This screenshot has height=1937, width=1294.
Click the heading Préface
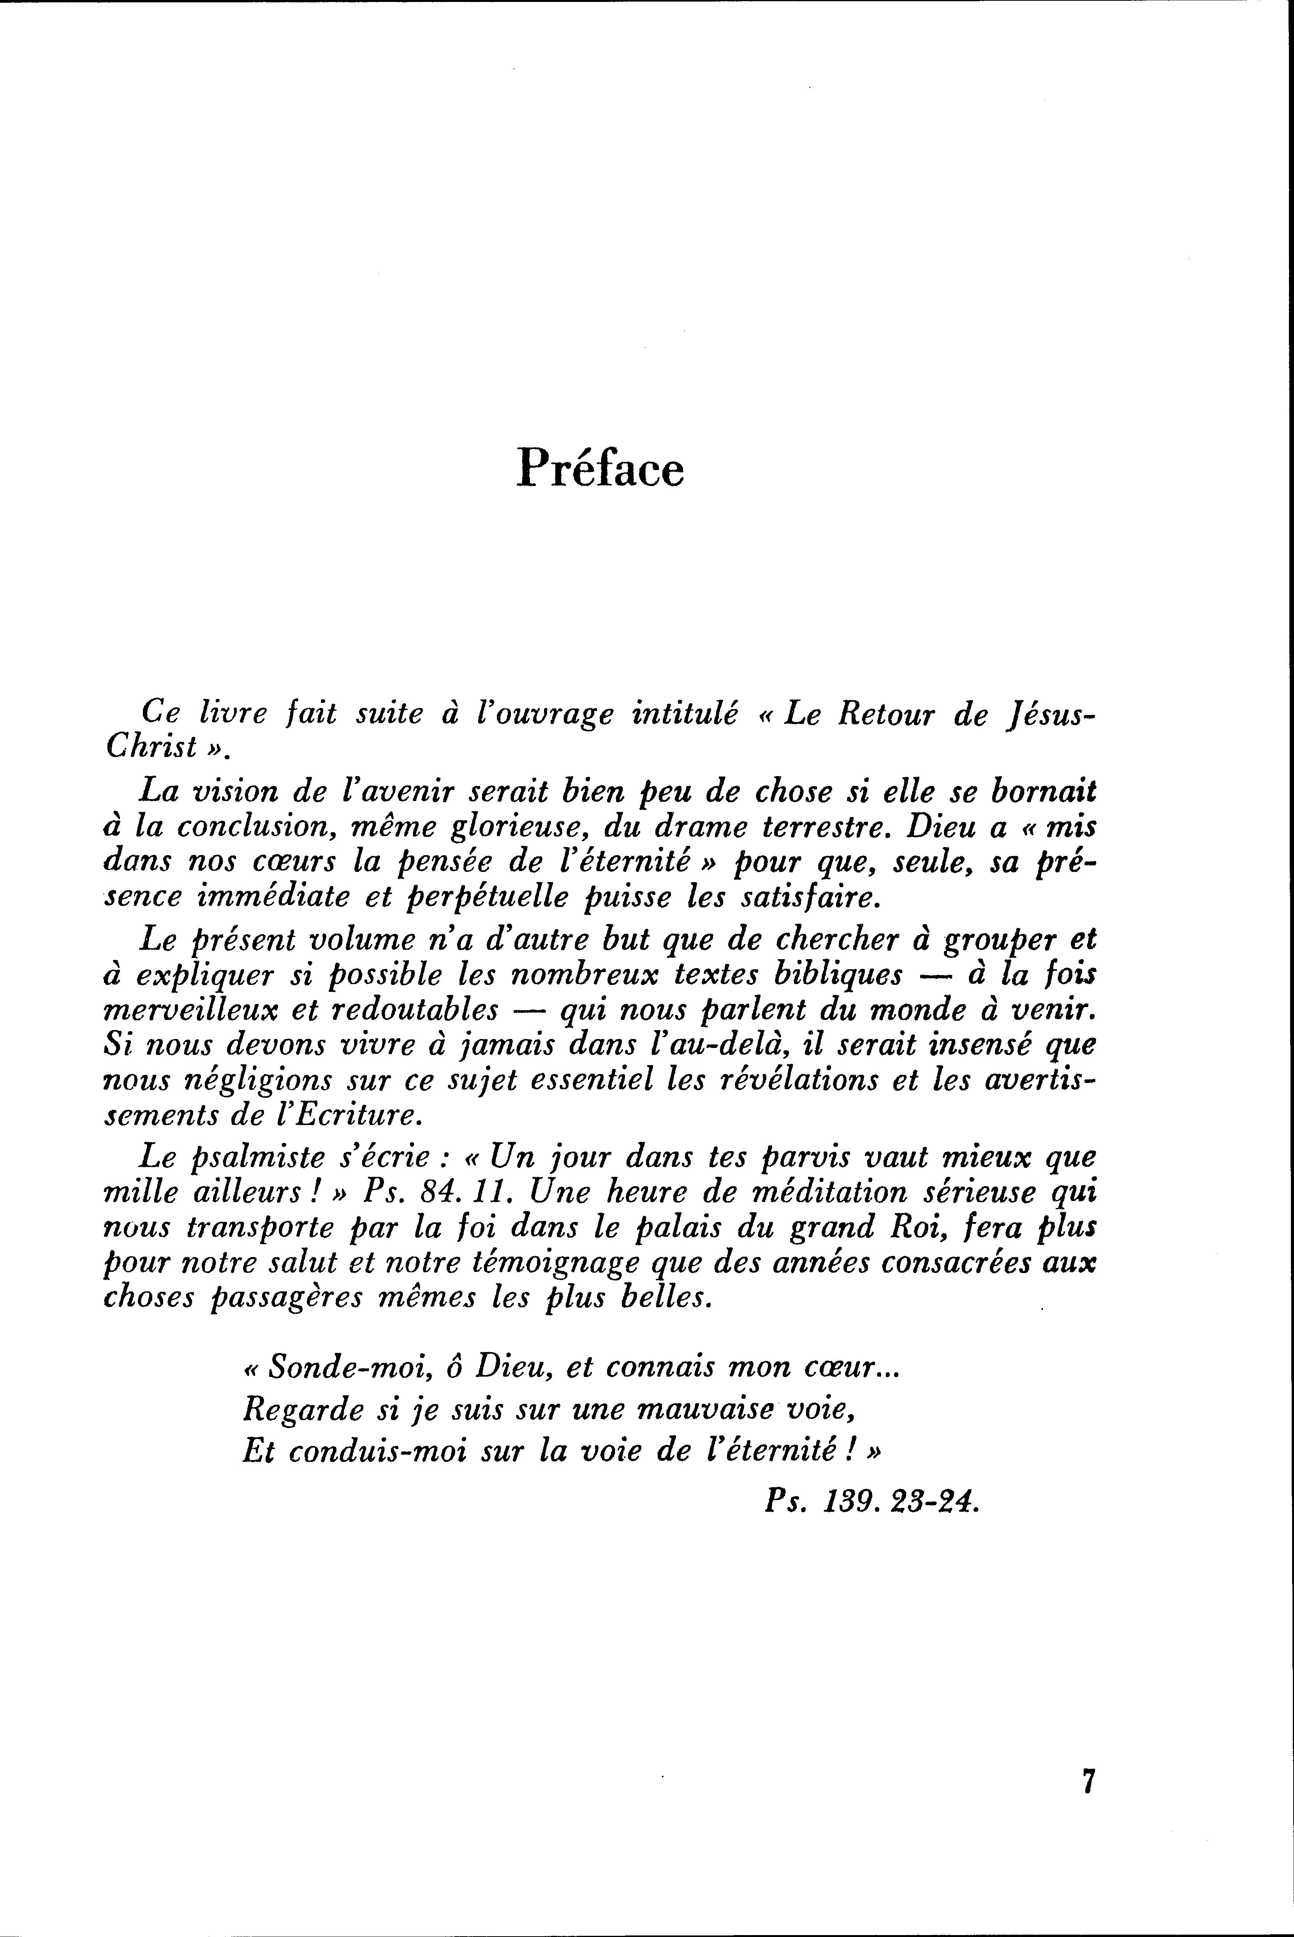(600, 469)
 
